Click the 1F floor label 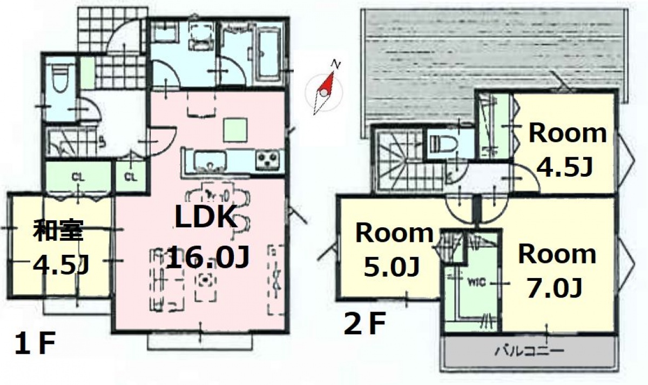[35, 343]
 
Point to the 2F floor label [364, 323]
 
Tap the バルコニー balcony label [529, 351]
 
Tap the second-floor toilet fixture [443, 144]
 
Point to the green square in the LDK [235, 130]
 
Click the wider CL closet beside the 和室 [78, 176]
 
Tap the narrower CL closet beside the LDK [131, 176]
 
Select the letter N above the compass [335, 64]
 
